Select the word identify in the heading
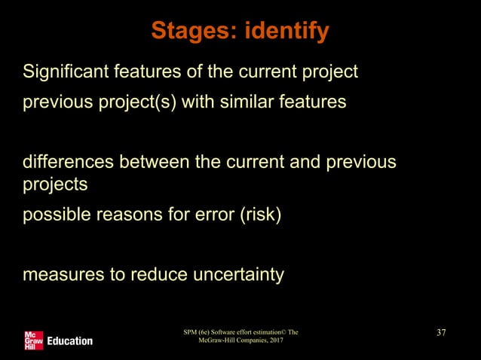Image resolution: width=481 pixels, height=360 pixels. (x=285, y=32)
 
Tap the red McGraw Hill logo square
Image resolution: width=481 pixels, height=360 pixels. (x=34, y=340)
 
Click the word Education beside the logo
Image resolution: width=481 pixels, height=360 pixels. (x=70, y=340)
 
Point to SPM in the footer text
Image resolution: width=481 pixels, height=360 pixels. (x=191, y=332)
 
